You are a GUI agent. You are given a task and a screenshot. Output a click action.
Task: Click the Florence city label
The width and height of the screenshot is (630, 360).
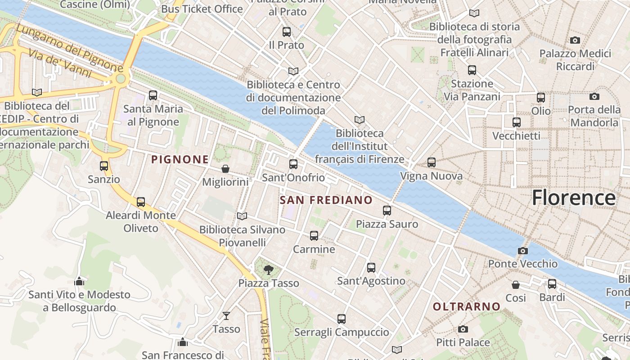point(573,198)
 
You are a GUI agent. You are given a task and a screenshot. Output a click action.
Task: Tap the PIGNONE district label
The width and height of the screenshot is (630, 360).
point(180,159)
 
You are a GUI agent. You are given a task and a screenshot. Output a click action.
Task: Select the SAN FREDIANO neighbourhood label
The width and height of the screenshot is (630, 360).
point(326,200)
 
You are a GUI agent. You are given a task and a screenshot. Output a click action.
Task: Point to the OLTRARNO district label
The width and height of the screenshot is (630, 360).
point(467,306)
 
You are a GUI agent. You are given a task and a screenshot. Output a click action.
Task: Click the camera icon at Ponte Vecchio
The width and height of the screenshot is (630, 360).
point(522,251)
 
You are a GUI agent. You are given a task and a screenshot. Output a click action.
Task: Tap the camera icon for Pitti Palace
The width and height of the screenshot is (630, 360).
point(463,329)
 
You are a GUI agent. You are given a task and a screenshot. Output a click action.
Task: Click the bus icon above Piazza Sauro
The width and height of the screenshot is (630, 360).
point(387,210)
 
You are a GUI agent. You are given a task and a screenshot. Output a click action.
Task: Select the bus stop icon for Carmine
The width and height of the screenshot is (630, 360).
point(314,235)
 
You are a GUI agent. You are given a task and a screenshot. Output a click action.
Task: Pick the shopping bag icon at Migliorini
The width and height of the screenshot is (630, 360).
point(225,169)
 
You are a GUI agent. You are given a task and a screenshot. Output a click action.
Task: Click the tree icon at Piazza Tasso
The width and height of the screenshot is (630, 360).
point(269,270)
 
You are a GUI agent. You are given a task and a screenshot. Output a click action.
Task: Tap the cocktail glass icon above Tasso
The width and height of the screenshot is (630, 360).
point(226,316)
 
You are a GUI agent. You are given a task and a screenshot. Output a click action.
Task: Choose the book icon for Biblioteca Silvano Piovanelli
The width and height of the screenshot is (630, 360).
point(242,216)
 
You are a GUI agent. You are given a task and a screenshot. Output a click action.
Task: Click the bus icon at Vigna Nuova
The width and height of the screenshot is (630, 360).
point(431,162)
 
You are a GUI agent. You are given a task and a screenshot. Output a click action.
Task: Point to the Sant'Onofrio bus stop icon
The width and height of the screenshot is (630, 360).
point(293,164)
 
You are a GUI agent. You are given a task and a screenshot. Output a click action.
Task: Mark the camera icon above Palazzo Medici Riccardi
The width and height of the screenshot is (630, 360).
point(575,40)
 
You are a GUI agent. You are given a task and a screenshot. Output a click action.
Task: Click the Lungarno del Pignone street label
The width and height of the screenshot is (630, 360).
point(70,48)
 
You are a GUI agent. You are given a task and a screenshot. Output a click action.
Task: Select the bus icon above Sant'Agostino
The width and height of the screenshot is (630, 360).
point(371,268)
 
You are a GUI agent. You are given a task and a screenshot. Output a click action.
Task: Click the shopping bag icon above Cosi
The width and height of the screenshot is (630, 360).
point(516,285)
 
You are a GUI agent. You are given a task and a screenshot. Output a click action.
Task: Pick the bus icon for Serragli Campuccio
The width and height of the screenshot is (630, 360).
point(342,319)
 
